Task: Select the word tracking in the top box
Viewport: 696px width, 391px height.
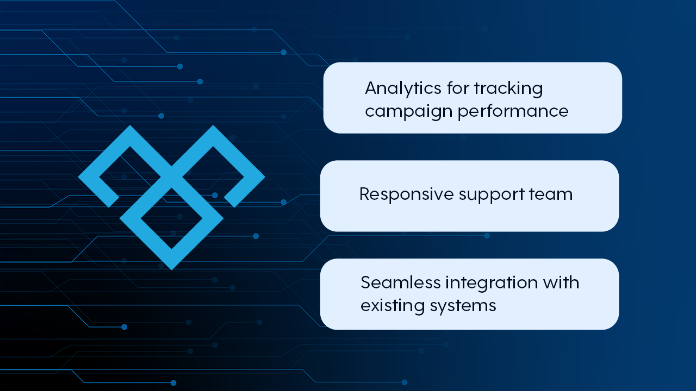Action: pyautogui.click(x=508, y=88)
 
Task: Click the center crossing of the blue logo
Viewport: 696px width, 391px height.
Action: pyautogui.click(x=171, y=177)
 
